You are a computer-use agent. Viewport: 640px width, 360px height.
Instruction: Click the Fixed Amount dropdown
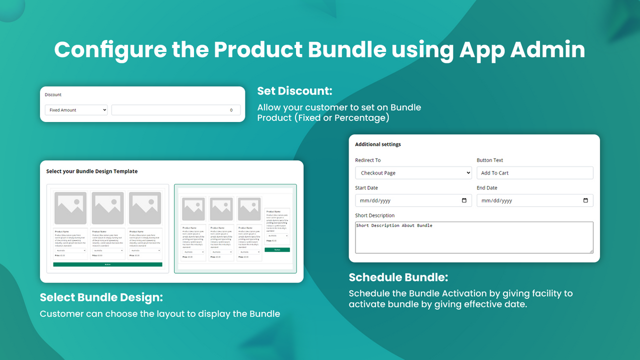pos(76,110)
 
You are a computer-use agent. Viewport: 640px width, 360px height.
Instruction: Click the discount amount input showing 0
pos(175,110)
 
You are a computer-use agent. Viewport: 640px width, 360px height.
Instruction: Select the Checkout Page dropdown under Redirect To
pos(413,173)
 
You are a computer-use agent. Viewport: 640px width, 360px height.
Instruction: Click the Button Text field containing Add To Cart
pos(534,173)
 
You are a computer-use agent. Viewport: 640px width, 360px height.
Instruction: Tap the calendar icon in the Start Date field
pos(464,200)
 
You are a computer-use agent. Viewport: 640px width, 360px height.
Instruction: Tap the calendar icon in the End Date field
pos(585,200)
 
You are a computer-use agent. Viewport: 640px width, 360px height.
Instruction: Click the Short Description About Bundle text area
pos(474,237)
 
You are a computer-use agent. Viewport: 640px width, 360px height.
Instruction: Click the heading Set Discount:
pos(294,91)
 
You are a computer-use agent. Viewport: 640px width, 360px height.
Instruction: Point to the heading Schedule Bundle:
pos(398,277)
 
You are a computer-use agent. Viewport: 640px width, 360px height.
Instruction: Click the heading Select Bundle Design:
pos(101,297)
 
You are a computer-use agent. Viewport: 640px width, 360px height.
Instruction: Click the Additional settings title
pos(378,144)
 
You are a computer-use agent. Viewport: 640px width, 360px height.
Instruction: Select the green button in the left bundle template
pos(107,264)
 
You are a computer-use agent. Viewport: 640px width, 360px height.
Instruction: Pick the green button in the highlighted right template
pos(277,249)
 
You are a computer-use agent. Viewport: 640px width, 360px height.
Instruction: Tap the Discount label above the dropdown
pos(53,94)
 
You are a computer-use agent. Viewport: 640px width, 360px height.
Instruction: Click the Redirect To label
pos(367,160)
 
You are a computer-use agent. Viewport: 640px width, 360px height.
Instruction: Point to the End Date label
pos(486,188)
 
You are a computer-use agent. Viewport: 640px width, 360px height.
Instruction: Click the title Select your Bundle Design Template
pos(91,171)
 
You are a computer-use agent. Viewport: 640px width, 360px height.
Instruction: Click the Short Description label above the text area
pos(374,215)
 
